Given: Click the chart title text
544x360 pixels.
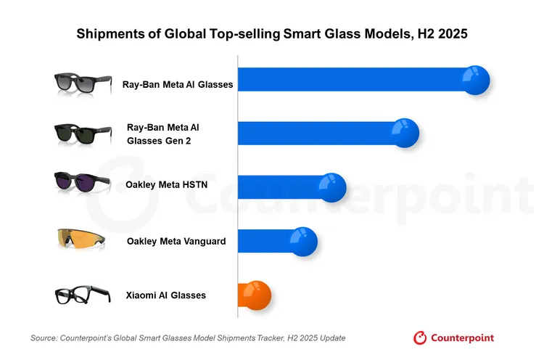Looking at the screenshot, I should click(271, 33).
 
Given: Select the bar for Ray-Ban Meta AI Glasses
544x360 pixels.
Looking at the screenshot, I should click(355, 80).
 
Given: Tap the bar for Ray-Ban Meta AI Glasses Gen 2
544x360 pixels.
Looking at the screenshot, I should click(319, 133).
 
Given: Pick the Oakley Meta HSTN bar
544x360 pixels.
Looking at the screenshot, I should click(283, 187).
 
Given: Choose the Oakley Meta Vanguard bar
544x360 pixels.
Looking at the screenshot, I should click(268, 241).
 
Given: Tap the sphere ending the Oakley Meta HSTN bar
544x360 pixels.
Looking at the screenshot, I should click(332, 187).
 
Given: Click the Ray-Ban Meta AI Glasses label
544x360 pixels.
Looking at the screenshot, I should click(178, 84).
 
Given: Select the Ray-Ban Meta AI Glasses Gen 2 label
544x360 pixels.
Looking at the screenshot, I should click(162, 134).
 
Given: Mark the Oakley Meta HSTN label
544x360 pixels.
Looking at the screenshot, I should click(167, 184).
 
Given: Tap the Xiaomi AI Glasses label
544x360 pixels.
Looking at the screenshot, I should click(166, 295).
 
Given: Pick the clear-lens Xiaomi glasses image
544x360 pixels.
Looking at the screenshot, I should click(82, 295).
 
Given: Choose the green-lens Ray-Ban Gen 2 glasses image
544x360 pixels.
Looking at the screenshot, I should click(82, 134).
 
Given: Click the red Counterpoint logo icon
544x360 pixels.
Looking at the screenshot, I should click(419, 337).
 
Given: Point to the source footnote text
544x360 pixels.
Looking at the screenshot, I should click(188, 338).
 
